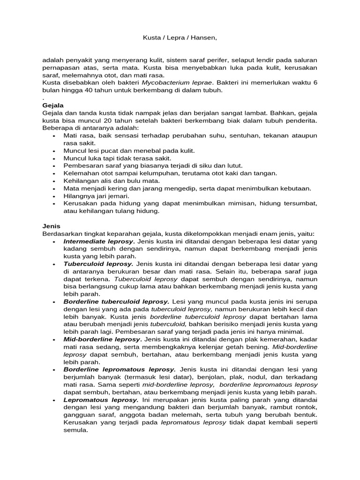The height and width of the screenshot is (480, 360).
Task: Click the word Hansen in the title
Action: tap(204, 38)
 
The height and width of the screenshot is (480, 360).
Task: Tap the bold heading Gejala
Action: tap(53, 105)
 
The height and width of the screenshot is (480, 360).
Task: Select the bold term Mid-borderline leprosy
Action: tap(102, 339)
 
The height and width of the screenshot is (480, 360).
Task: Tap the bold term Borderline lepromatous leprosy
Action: tap(120, 369)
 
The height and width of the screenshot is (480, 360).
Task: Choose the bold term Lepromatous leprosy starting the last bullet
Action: tap(101, 400)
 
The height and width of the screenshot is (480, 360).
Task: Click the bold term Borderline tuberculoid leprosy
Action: tap(117, 301)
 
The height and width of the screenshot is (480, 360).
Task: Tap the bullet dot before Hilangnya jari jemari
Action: tap(54, 196)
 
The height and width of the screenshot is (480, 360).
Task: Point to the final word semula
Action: tap(75, 430)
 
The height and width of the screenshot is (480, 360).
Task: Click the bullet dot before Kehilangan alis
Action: tap(54, 181)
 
